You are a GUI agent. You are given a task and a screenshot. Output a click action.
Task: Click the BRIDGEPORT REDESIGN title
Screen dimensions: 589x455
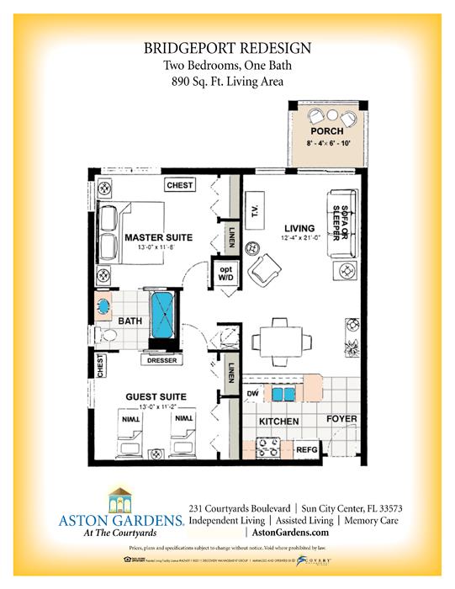(x=227, y=49)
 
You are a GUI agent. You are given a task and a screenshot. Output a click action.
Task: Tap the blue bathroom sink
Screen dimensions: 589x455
(x=105, y=306)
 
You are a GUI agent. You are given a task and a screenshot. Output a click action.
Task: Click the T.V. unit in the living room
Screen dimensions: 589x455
(x=253, y=208)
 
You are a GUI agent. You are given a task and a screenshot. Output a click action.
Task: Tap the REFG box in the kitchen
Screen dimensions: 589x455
(x=307, y=449)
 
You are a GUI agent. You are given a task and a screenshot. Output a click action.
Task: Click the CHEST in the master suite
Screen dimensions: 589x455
(x=180, y=185)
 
